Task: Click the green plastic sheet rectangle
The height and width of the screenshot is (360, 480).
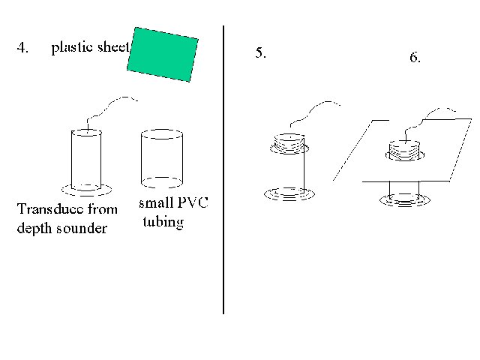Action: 163,55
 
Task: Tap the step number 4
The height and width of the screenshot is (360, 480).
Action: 22,47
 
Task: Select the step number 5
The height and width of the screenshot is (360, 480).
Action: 260,52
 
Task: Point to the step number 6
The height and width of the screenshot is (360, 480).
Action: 415,57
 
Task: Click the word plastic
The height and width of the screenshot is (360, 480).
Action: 72,48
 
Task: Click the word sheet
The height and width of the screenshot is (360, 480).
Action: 113,47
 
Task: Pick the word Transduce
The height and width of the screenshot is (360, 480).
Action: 50,209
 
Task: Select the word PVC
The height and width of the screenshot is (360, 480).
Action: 193,202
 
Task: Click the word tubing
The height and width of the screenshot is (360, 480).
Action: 163,223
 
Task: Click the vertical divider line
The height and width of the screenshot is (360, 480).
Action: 223,170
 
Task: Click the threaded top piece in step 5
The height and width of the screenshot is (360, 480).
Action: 289,143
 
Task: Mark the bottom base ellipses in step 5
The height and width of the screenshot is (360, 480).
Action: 289,194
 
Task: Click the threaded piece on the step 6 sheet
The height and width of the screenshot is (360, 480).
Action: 405,151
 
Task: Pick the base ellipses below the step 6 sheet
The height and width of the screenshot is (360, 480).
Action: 405,200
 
